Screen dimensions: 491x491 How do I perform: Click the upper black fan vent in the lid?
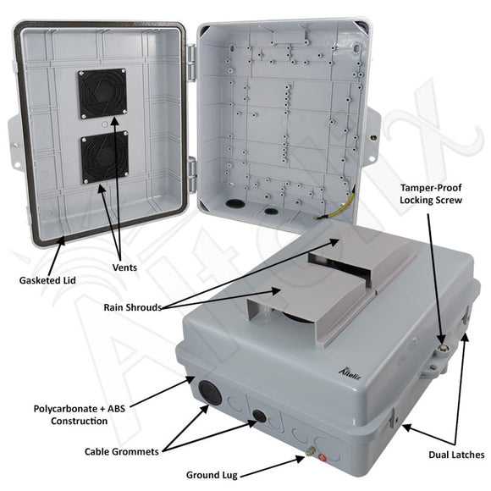tap(102, 93)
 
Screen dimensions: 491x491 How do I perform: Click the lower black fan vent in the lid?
tap(103, 159)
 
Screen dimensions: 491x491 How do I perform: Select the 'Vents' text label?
tap(125, 268)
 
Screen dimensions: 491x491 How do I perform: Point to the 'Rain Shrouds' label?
tap(133, 307)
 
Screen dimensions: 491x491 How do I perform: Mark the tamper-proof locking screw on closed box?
tap(442, 346)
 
